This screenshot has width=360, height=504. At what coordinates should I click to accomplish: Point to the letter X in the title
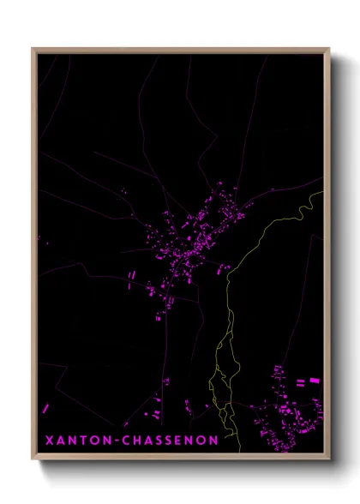point(49,440)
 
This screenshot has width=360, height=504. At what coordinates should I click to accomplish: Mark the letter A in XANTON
point(60,440)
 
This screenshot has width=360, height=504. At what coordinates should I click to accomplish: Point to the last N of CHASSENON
point(213,440)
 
